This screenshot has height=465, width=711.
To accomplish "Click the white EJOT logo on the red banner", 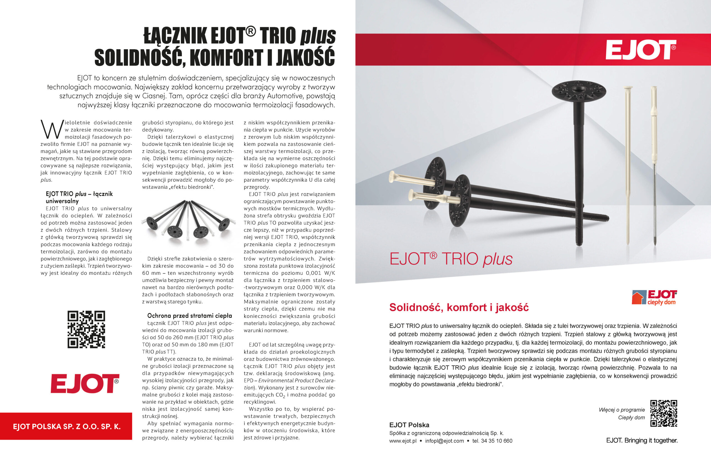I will pos(640,50).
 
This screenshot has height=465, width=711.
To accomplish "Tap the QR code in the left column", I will pos(86,329).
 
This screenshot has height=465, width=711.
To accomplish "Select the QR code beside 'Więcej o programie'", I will pos(664,413).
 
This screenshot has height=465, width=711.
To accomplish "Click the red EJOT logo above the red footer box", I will pos(85,383).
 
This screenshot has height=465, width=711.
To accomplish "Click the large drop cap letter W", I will pos(52,130).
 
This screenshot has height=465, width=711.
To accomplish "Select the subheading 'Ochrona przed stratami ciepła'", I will pos(189,316).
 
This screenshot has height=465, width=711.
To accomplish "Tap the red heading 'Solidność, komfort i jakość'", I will pos(459,307).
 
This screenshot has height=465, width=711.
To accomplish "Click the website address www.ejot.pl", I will pos(403,441).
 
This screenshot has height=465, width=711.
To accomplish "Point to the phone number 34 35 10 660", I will pos(497,441).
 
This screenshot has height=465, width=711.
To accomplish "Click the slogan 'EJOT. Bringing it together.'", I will pos(642,440).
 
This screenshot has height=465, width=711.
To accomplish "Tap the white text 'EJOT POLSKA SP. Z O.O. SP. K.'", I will pos(67,426).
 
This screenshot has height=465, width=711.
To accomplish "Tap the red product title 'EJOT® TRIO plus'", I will pos(451,259).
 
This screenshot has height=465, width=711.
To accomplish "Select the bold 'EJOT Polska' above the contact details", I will pos(409,425).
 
